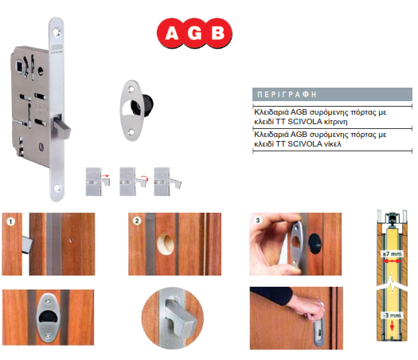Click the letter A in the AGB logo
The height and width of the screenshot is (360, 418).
[172, 33]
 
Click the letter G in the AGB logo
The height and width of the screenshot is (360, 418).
[194, 33]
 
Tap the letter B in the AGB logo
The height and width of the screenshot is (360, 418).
[217, 33]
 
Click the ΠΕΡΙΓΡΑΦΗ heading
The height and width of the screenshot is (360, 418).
[287, 95]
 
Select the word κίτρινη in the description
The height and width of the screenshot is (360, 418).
[335, 122]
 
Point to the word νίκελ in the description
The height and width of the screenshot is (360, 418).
[332, 144]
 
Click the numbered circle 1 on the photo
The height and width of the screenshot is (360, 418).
[10, 221]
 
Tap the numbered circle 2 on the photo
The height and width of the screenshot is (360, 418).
[137, 221]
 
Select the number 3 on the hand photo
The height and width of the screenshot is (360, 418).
[258, 221]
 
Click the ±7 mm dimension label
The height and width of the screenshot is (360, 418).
[392, 254]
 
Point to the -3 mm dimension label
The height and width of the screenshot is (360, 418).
[392, 315]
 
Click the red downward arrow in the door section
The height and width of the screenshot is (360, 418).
[393, 325]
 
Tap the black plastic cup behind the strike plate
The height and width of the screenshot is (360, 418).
[147, 105]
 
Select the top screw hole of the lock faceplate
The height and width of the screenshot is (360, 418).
[57, 33]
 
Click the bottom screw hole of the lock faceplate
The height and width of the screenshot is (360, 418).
[57, 188]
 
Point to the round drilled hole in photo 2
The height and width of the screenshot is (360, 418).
[166, 245]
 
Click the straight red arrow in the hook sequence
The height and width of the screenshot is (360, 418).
[106, 176]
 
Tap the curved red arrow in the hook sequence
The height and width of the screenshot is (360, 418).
[144, 177]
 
